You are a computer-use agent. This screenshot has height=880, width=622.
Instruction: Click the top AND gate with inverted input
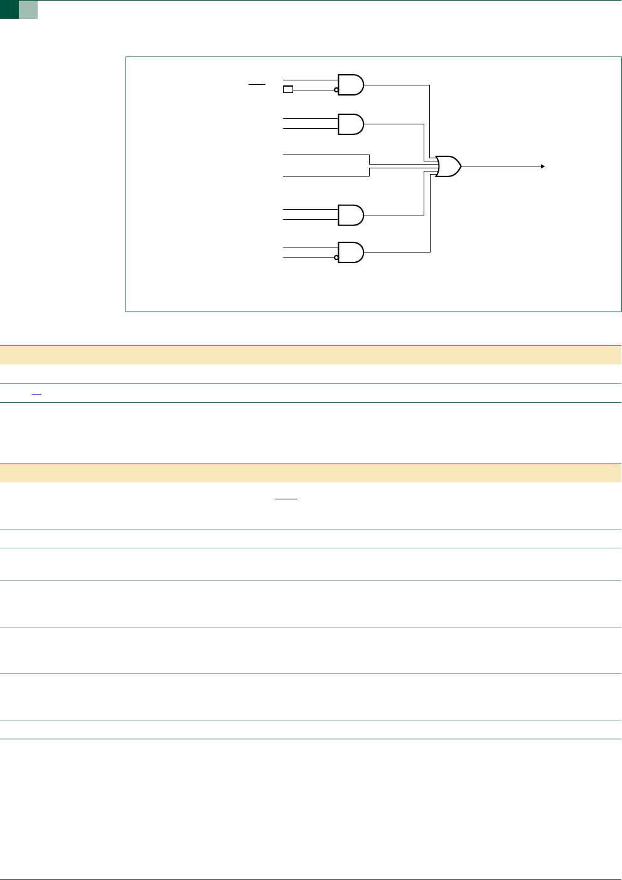350,85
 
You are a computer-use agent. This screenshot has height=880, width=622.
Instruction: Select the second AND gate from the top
350,124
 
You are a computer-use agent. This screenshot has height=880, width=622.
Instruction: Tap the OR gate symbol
448,166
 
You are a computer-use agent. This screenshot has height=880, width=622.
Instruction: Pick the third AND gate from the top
350,215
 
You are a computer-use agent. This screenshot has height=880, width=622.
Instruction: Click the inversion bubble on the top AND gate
336,90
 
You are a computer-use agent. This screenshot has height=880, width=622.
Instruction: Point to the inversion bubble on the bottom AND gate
336,257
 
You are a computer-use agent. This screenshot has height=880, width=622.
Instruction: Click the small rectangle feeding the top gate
288,90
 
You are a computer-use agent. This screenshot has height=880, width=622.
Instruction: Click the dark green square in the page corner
9,9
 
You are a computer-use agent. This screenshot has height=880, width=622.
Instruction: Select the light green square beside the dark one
28,9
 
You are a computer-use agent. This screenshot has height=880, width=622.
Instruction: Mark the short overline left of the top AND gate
257,84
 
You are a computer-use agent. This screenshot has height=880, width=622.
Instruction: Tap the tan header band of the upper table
311,355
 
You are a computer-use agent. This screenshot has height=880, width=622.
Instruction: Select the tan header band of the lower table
311,473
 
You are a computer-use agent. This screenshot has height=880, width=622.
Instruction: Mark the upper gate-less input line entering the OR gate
326,155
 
